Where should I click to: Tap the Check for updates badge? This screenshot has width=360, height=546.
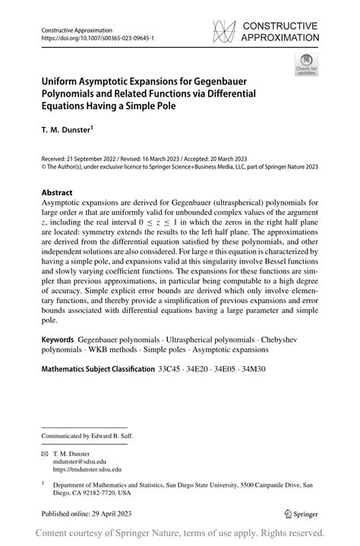coord(306,64)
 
